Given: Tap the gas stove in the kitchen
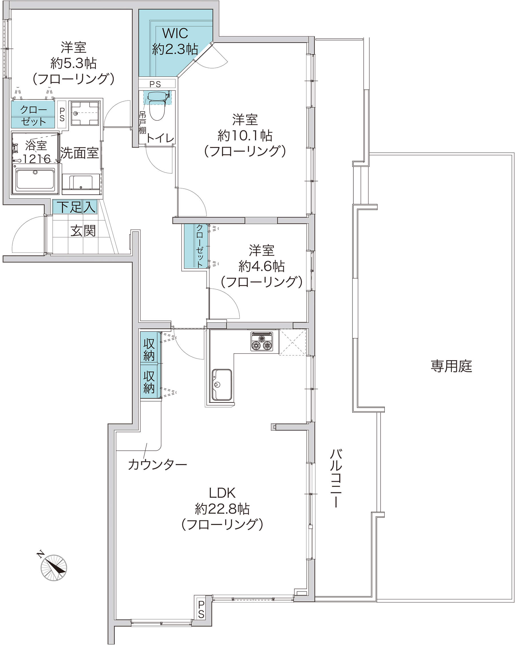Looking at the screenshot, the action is [x=262, y=341].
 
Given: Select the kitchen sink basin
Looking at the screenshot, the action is [x=222, y=385].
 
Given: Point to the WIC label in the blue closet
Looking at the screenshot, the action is [x=175, y=33].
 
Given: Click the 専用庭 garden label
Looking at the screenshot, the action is [x=451, y=366].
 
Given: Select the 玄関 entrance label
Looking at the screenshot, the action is [x=83, y=231].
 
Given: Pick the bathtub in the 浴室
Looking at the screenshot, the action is [x=35, y=179].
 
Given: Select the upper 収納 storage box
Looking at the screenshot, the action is [x=149, y=348].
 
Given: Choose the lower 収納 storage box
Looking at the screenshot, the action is [x=149, y=381].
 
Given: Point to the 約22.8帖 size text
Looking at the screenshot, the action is [x=222, y=509].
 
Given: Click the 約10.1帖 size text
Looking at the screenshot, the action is [x=245, y=136].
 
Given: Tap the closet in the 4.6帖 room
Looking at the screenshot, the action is [x=196, y=246].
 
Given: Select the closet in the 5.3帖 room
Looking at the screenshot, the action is [x=33, y=115].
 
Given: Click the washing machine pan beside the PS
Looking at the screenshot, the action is [x=85, y=113].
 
